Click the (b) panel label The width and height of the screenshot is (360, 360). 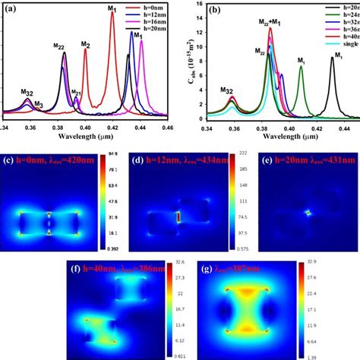(216, 11)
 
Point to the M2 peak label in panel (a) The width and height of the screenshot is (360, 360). (87, 45)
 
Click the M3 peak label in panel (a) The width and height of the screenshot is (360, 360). (39, 104)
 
